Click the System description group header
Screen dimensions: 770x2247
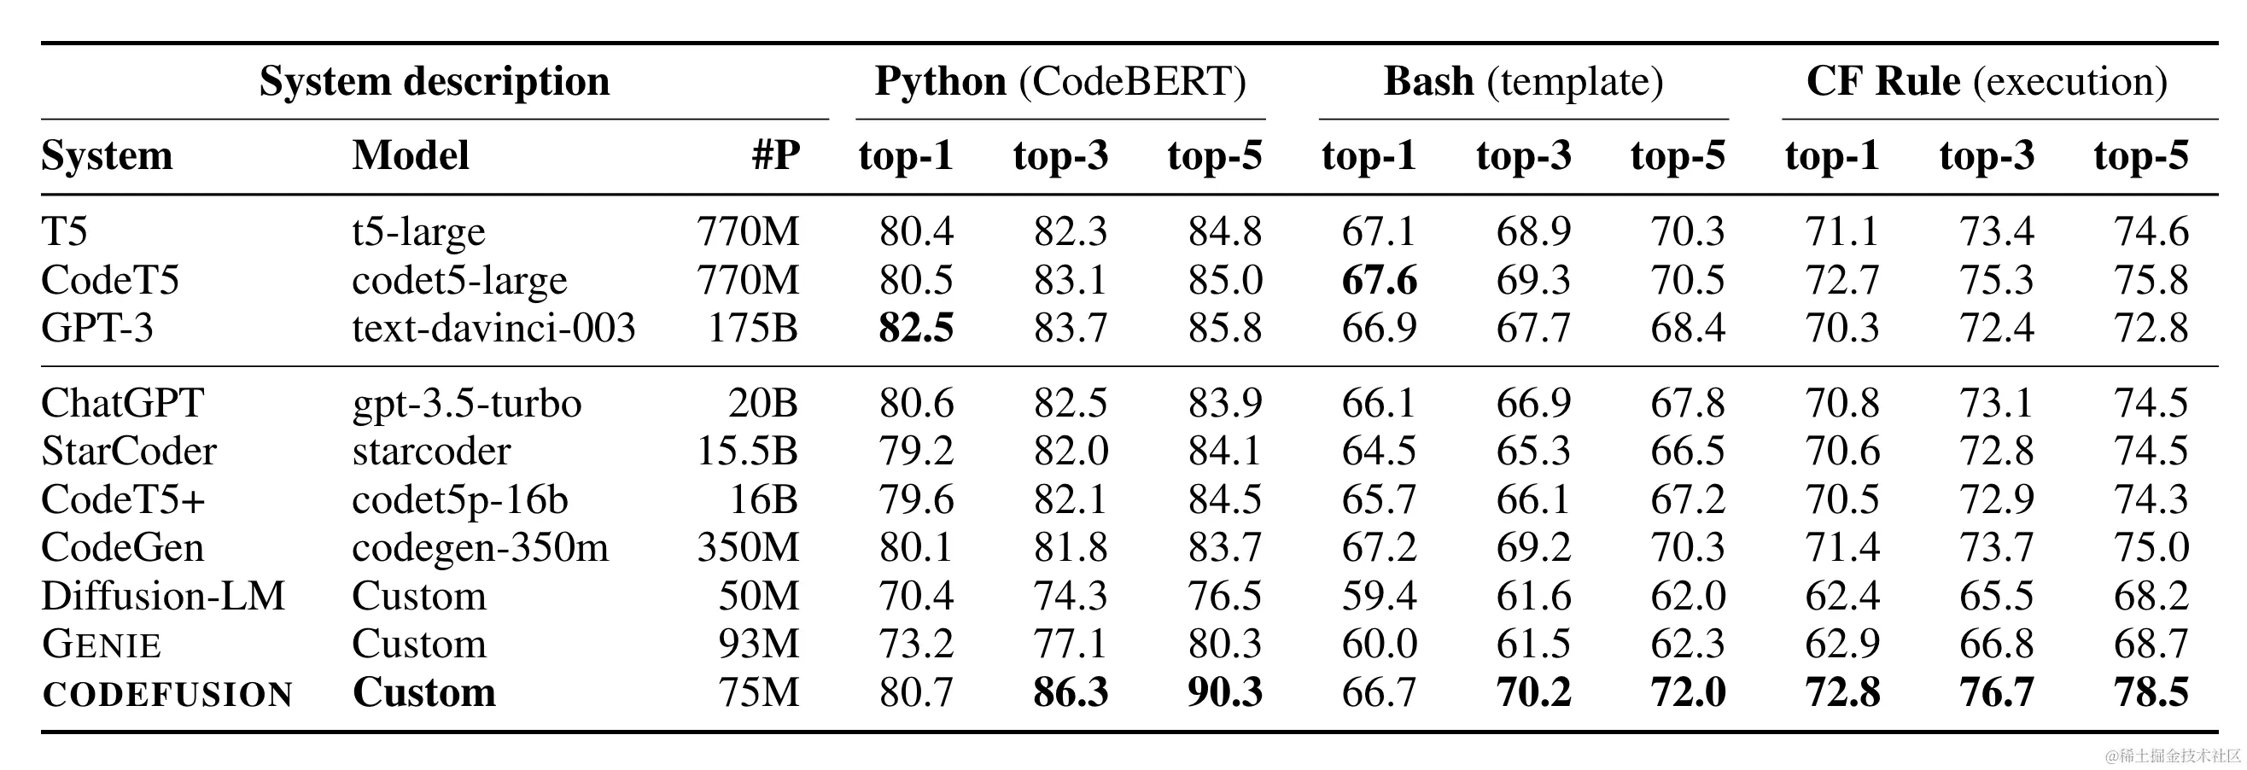(x=435, y=82)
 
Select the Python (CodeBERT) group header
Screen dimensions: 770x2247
(x=1059, y=82)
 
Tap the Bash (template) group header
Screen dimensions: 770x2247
(x=1523, y=82)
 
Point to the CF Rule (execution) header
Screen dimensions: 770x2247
(x=1986, y=82)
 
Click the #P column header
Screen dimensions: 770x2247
(x=775, y=156)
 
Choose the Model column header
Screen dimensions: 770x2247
(x=411, y=156)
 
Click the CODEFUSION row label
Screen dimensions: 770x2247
(x=167, y=694)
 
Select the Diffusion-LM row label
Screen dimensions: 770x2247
(x=163, y=597)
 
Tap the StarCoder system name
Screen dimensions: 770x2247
(x=128, y=452)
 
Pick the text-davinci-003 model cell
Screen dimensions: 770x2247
(x=493, y=329)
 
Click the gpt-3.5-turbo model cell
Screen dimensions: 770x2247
(x=467, y=404)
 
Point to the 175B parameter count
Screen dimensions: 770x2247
(x=753, y=329)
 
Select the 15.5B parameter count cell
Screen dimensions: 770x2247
(x=748, y=452)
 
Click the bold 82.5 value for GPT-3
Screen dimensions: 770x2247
(x=916, y=329)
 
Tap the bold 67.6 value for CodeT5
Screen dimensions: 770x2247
(x=1379, y=281)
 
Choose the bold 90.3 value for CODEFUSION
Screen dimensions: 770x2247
(x=1225, y=693)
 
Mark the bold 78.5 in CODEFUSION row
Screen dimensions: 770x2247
(x=2151, y=693)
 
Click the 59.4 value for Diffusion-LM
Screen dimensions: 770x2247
(x=1379, y=597)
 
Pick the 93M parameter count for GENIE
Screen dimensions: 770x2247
(x=758, y=645)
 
